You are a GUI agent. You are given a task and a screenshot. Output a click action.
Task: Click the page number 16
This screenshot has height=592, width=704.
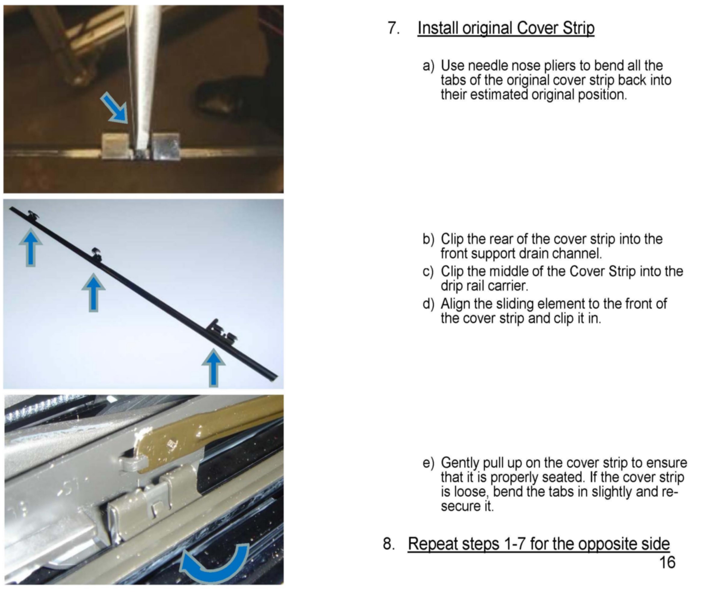pyautogui.click(x=667, y=562)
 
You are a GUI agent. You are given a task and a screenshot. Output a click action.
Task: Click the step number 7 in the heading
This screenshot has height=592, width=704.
pyautogui.click(x=394, y=28)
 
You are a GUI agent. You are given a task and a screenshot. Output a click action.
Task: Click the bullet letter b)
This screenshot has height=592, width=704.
pyautogui.click(x=428, y=239)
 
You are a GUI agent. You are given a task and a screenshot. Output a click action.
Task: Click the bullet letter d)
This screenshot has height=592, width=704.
pyautogui.click(x=428, y=304)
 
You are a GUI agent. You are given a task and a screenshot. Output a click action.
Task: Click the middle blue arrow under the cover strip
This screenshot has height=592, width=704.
pyautogui.click(x=94, y=293)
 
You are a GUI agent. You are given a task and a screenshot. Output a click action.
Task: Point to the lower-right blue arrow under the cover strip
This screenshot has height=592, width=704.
pyautogui.click(x=213, y=368)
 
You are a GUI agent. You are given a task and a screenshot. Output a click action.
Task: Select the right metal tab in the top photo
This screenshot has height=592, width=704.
pyautogui.click(x=165, y=146)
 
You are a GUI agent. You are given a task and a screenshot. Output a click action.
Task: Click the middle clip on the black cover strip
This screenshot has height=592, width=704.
pyautogui.click(x=97, y=254)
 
